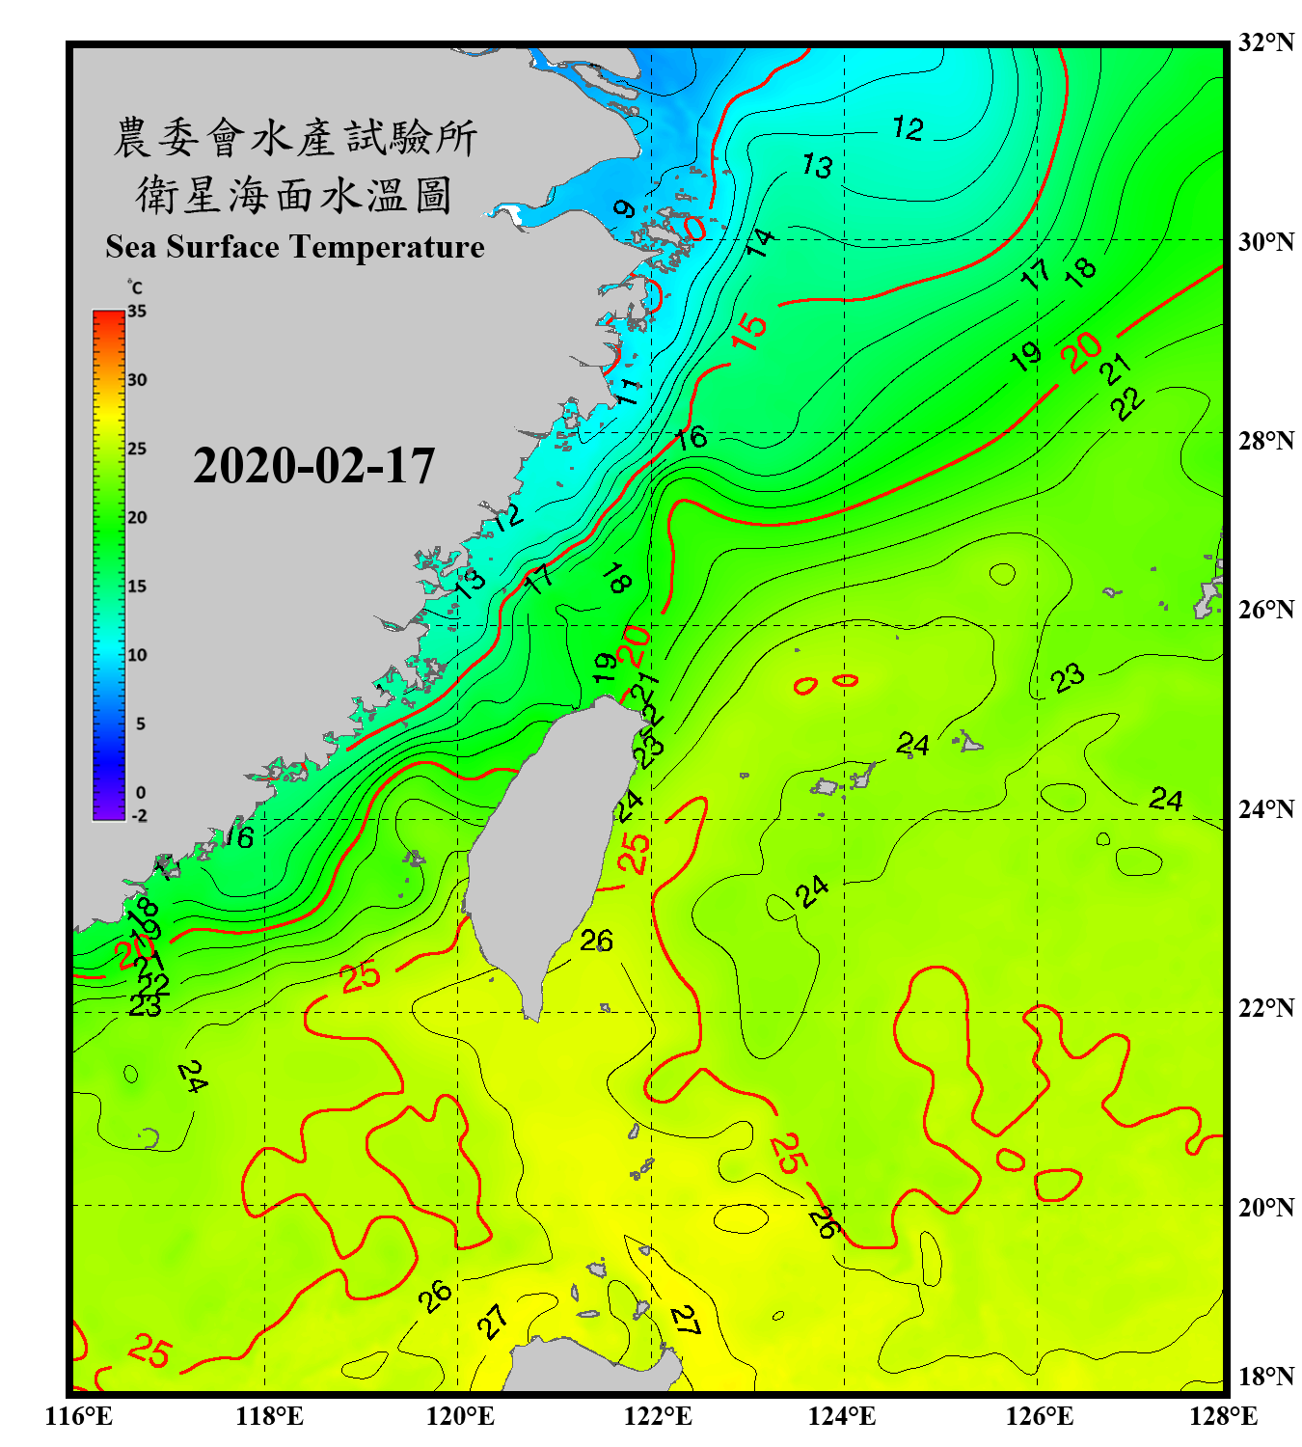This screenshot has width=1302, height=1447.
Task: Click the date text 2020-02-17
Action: (313, 466)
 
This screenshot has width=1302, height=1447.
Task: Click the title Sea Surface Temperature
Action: (295, 247)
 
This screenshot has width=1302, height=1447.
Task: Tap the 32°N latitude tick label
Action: (1265, 42)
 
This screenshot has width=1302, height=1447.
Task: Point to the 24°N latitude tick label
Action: (1265, 808)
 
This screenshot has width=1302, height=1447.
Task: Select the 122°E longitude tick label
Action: (658, 1416)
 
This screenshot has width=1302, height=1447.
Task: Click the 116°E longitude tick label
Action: (79, 1416)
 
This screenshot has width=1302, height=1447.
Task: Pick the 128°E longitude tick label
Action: (1223, 1416)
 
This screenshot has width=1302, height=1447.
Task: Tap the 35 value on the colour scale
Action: (137, 311)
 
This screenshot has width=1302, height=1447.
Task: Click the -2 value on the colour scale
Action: (139, 815)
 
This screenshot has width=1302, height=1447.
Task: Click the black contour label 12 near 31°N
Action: (908, 128)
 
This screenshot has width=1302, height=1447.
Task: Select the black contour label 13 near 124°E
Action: (817, 166)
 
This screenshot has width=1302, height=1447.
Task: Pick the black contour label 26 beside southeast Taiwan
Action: (596, 940)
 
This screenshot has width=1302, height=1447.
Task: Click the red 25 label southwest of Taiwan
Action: (361, 977)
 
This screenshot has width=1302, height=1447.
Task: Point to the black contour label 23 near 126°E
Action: (1068, 678)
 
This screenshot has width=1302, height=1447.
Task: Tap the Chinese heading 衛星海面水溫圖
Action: (294, 196)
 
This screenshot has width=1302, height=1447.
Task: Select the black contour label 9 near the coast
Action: (624, 208)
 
